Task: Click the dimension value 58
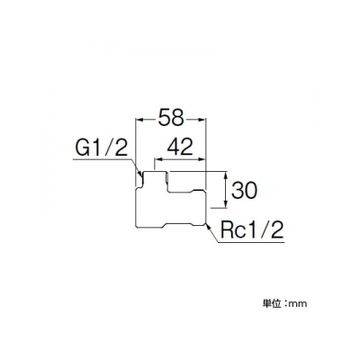tap(171, 117)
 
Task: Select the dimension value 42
tap(180, 148)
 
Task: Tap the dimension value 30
tap(244, 190)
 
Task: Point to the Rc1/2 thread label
tap(252, 230)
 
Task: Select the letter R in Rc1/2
tap(227, 230)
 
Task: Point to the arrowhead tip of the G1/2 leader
tap(141, 175)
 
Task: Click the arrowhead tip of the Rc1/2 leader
tap(206, 224)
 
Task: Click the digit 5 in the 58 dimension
tap(164, 117)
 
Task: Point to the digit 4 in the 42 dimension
tap(173, 148)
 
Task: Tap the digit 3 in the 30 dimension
tap(238, 190)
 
